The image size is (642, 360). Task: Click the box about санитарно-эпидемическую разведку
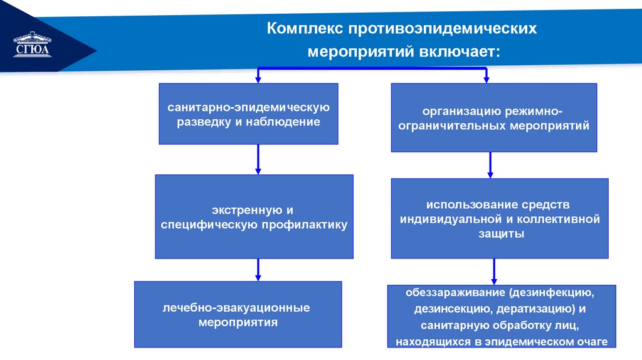click(248, 114)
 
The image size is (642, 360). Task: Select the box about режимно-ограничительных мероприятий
click(493, 118)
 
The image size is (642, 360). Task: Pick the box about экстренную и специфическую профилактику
click(254, 216)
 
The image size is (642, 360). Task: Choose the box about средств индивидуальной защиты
click(499, 218)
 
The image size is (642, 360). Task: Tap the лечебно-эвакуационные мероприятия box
click(238, 314)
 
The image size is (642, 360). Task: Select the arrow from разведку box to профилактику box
click(258, 159)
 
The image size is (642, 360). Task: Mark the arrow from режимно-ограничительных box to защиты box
click(490, 165)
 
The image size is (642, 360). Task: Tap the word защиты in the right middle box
click(500, 233)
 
